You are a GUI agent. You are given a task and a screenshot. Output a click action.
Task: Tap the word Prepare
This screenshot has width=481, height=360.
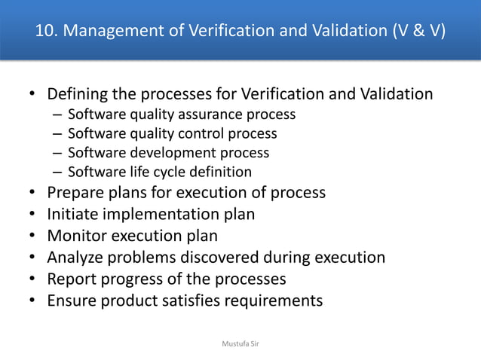click(x=75, y=192)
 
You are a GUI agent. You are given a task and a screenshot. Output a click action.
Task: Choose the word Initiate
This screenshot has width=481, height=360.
click(x=73, y=214)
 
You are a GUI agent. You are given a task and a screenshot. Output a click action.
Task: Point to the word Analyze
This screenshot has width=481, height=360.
click(x=76, y=257)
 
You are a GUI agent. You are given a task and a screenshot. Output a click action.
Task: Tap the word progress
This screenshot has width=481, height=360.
click(x=133, y=279)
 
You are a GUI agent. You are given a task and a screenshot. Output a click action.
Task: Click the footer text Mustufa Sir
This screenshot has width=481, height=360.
click(x=240, y=343)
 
